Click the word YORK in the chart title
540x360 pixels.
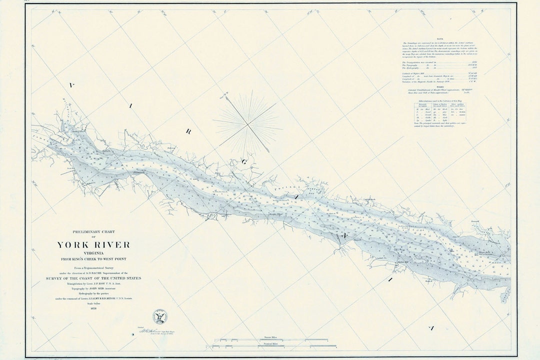click(73, 245)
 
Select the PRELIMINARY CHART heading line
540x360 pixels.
click(93, 231)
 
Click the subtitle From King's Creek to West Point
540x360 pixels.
click(93, 258)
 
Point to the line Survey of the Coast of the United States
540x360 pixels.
click(94, 278)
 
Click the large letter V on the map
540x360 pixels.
click(71, 86)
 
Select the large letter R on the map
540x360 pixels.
click(189, 132)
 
